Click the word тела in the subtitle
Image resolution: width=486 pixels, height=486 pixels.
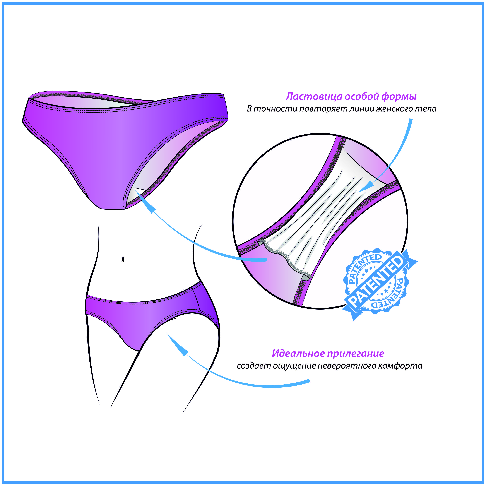(424, 109)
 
